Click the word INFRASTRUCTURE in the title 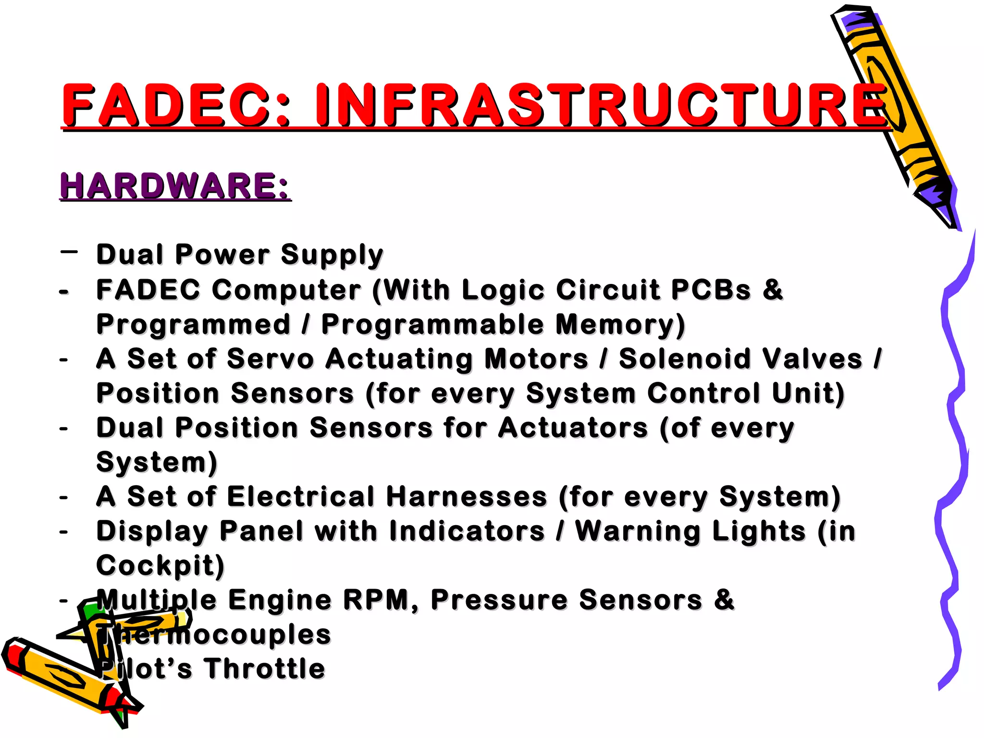point(601,105)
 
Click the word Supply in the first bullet point(332,255)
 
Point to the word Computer point(286,290)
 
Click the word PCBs point(711,290)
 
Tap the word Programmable point(432,324)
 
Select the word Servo point(270,359)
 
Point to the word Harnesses point(466,496)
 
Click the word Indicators point(467,531)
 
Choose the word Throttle point(264,669)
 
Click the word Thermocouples point(214,634)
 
